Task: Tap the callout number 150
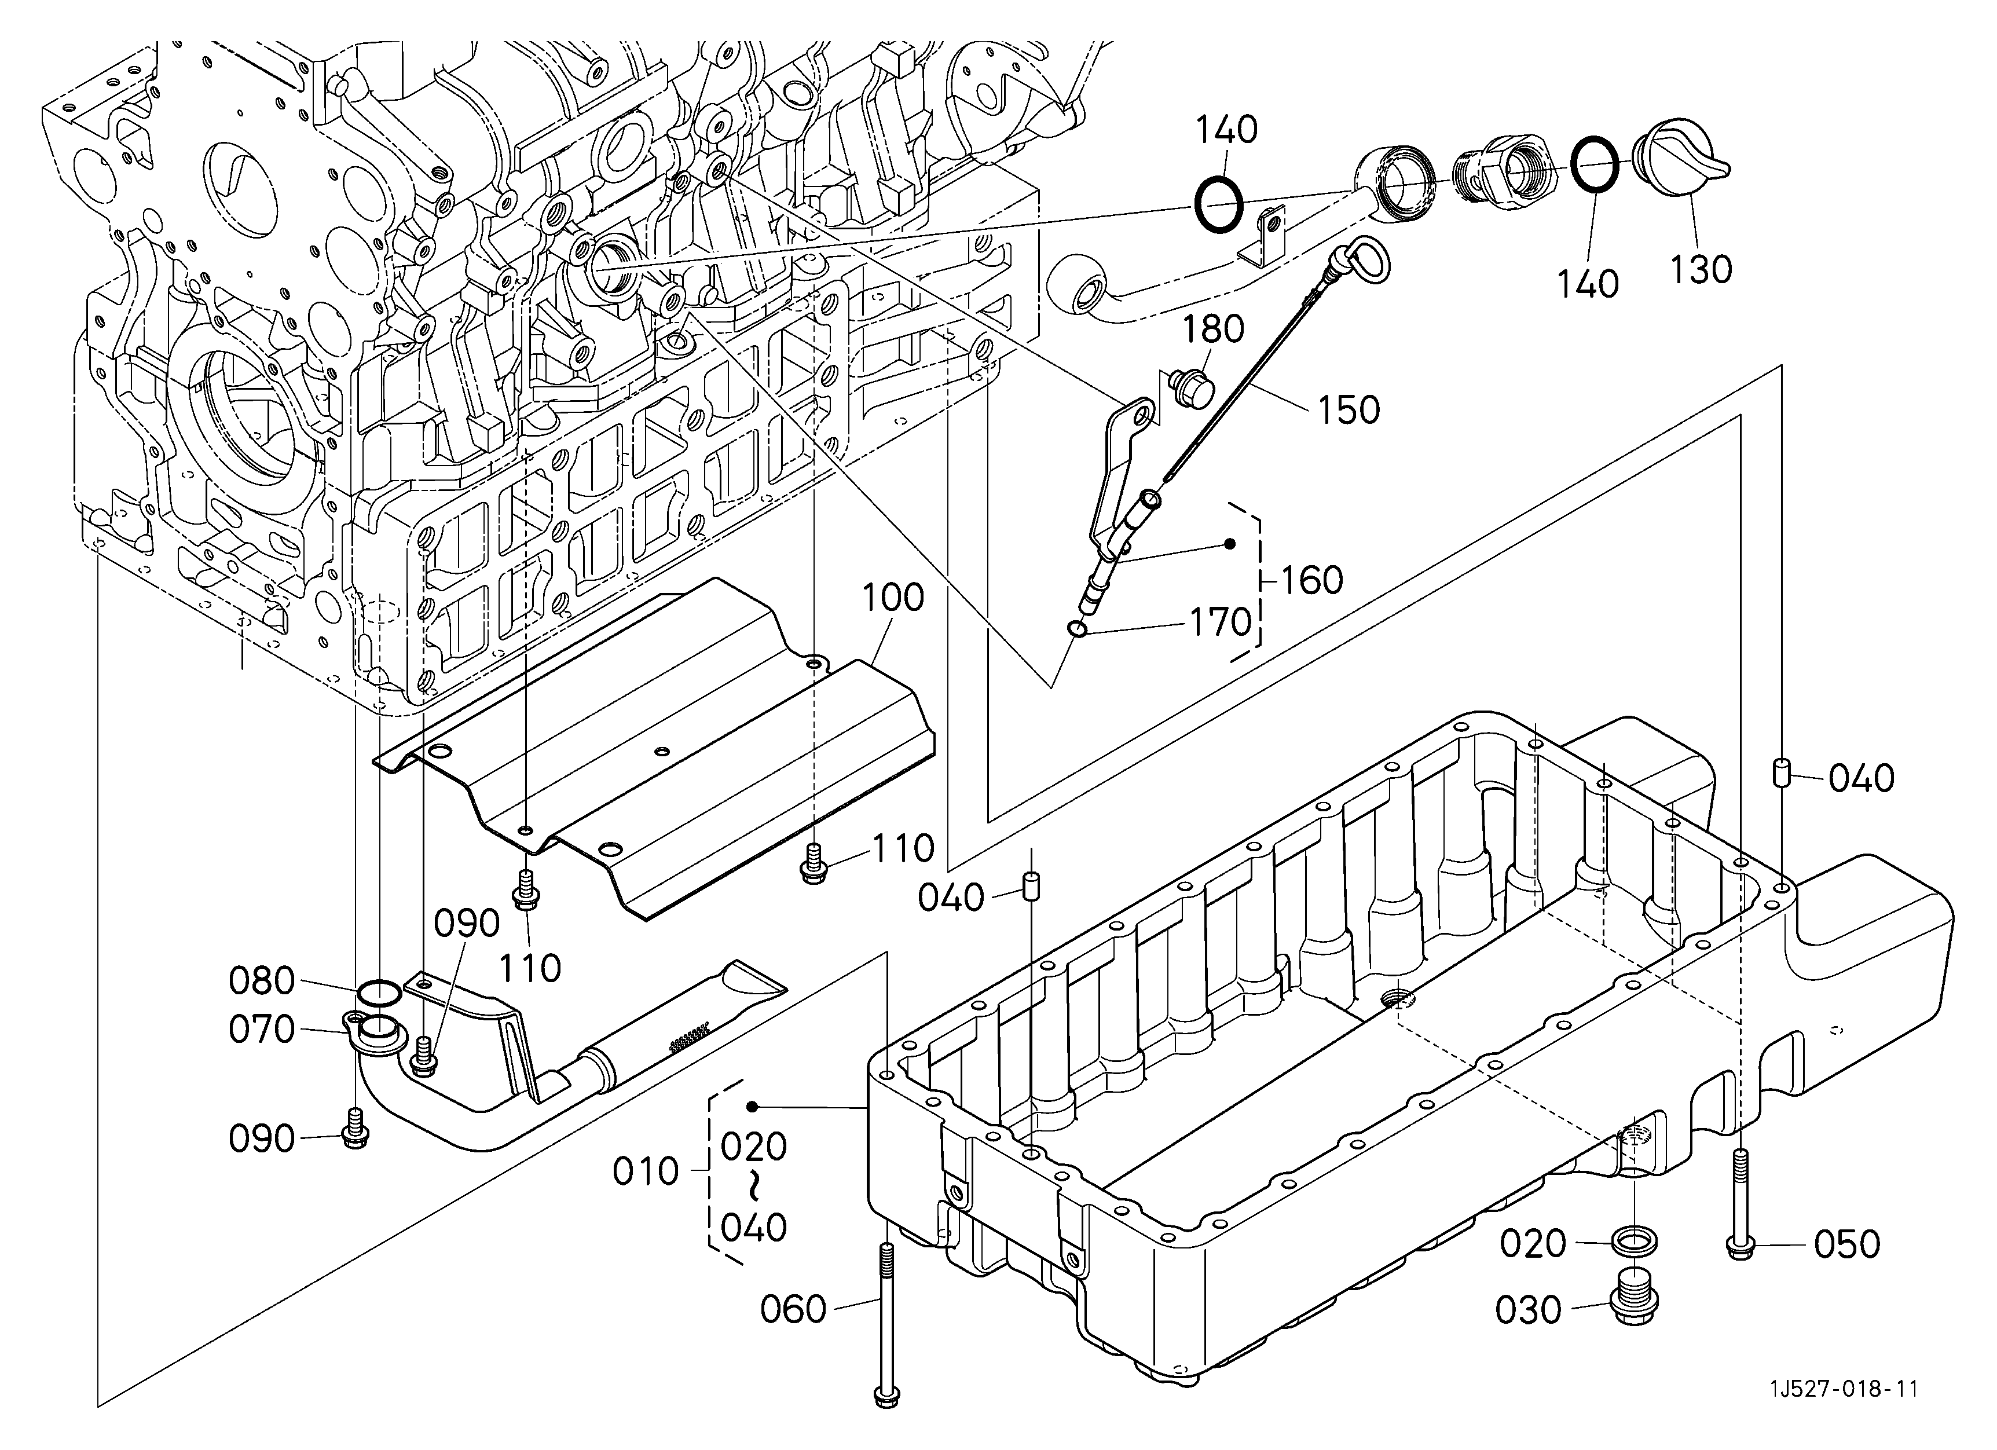[1349, 410]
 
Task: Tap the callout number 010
[646, 1172]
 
